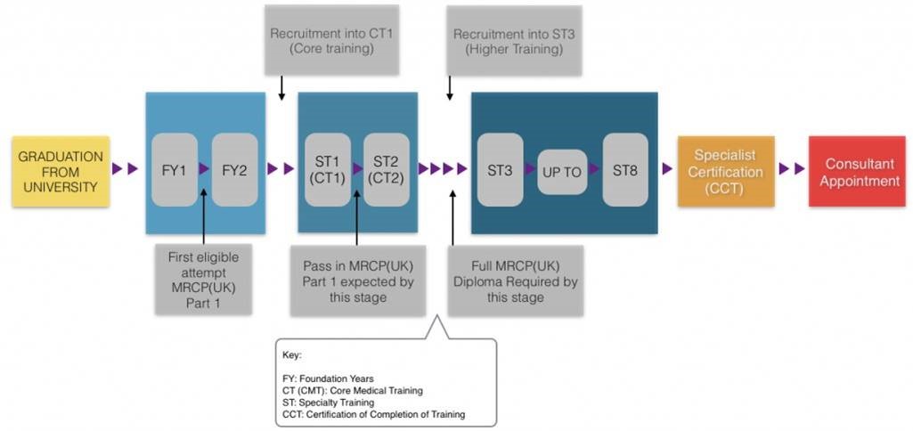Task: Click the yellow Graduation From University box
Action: pyautogui.click(x=61, y=171)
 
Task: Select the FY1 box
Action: pyautogui.click(x=175, y=169)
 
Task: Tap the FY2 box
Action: pyautogui.click(x=234, y=169)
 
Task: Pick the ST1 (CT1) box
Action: pyautogui.click(x=327, y=169)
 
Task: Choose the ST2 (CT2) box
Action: pyautogui.click(x=387, y=169)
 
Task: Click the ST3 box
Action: pyautogui.click(x=501, y=169)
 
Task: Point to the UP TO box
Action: pyautogui.click(x=562, y=172)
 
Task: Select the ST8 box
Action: pyautogui.click(x=625, y=169)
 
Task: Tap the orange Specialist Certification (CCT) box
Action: pyautogui.click(x=726, y=171)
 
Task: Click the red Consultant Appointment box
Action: pyautogui.click(x=857, y=171)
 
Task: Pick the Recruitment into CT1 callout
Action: pyautogui.click(x=332, y=40)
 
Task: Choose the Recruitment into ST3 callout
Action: pyautogui.click(x=514, y=40)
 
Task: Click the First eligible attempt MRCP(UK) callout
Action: pyautogui.click(x=204, y=281)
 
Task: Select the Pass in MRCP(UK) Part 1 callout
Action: pyautogui.click(x=358, y=281)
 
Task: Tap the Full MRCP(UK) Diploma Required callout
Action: pyautogui.click(x=517, y=281)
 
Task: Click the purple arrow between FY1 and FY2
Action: pyautogui.click(x=204, y=169)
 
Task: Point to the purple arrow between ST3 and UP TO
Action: pyautogui.click(x=530, y=169)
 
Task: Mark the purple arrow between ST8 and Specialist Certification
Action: pyautogui.click(x=667, y=169)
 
